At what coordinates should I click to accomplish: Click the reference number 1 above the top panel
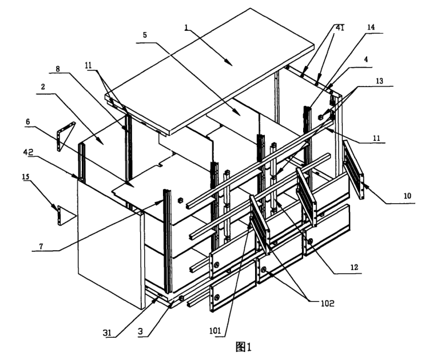point(186,27)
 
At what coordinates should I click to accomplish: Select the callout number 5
point(145,35)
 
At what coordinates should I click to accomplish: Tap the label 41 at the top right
point(340,27)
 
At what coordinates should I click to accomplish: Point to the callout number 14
point(371,27)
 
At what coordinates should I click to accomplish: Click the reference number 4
point(366,59)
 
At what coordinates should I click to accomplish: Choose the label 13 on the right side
point(379,81)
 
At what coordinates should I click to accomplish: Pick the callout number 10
point(407,196)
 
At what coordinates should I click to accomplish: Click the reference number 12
point(354,267)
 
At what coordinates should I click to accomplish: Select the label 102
point(327,303)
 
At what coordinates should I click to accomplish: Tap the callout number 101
point(215,331)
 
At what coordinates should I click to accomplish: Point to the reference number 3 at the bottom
point(141,331)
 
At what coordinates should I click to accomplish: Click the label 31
point(108,333)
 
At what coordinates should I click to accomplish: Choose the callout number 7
point(41,246)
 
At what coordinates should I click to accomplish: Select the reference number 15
point(26,176)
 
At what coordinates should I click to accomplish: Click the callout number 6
point(27,121)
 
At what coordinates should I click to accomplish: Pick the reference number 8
point(58,69)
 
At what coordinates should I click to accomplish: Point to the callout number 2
point(43,87)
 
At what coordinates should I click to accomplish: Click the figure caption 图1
point(243,347)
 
